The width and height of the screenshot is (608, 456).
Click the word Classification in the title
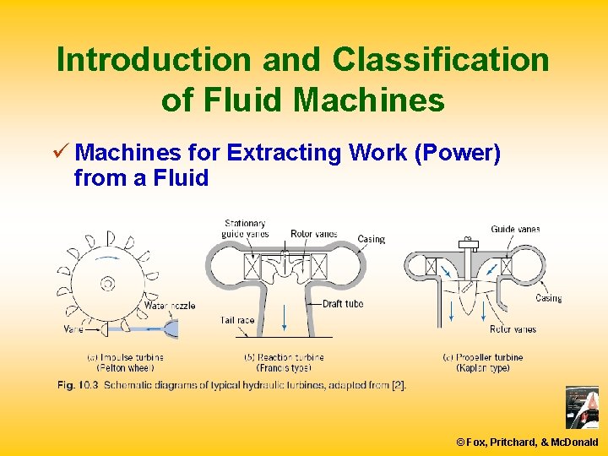tap(440, 60)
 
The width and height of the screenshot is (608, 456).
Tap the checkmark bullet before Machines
tap(62, 153)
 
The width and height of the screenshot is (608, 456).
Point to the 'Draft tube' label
tap(343, 304)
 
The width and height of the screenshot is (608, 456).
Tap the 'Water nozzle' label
tap(170, 305)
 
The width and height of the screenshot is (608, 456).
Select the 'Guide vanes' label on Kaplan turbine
tap(515, 229)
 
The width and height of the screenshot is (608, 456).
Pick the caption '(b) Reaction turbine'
tap(284, 357)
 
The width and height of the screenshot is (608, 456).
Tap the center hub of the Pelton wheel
tap(107, 284)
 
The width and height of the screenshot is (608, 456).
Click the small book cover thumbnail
tap(581, 408)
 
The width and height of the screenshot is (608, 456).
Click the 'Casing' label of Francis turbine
tap(371, 239)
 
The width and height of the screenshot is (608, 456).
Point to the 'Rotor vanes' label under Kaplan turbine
tap(513, 329)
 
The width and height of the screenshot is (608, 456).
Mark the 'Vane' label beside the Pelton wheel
tap(73, 328)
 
